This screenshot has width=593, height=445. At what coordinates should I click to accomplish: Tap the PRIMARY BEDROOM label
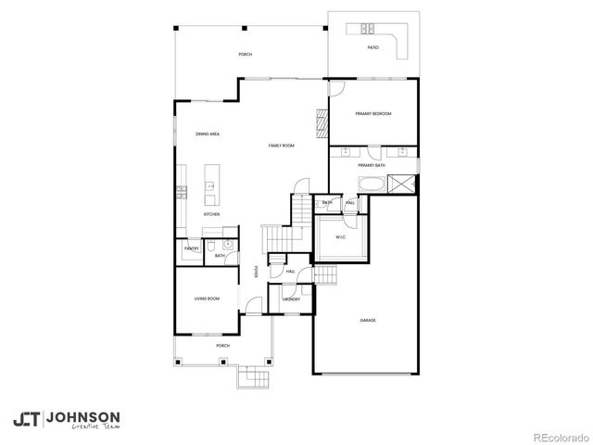tap(373, 113)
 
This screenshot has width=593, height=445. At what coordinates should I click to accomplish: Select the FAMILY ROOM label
tap(282, 146)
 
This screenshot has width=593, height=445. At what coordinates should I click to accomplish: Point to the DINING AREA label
tap(207, 134)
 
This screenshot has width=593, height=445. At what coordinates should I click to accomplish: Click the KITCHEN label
tap(211, 214)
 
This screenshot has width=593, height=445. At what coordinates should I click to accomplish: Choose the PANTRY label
tap(192, 248)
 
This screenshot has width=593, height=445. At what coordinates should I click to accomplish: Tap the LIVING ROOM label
tap(206, 299)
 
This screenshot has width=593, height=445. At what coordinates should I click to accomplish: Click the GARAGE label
tap(368, 321)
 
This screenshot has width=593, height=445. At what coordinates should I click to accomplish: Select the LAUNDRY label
tap(291, 299)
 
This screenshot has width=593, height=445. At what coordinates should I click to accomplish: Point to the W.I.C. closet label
tap(341, 237)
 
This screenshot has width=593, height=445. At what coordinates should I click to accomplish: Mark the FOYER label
tap(257, 273)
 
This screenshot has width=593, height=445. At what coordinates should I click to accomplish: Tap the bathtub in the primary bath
tap(372, 183)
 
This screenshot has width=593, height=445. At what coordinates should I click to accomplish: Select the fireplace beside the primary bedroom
tap(323, 123)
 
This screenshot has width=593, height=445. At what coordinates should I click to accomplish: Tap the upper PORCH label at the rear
tap(245, 55)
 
